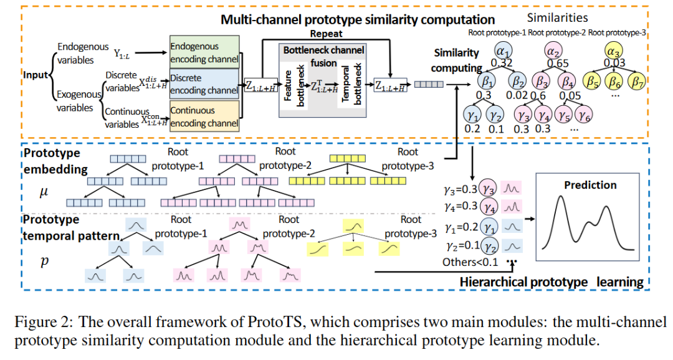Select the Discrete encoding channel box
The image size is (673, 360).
pos(204,85)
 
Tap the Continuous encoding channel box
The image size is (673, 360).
pos(204,116)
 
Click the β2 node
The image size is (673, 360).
pos(517,81)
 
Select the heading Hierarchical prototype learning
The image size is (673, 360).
pos(551,282)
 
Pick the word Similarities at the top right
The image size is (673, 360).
pos(558,18)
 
